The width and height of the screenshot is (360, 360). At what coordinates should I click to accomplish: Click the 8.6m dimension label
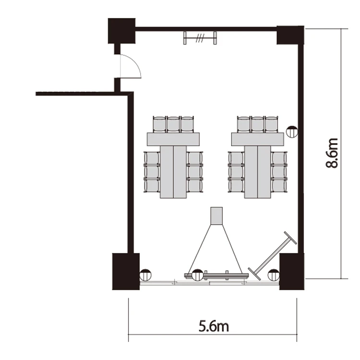332,153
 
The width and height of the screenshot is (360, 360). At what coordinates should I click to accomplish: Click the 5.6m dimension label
214,326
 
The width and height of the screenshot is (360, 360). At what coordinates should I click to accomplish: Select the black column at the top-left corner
122,31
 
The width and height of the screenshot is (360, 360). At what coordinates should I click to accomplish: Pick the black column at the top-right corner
290,35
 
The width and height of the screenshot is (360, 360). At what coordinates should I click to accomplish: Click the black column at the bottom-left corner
126,271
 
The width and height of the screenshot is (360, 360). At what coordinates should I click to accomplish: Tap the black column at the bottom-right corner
292,271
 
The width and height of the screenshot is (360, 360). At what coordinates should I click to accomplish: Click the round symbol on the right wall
292,132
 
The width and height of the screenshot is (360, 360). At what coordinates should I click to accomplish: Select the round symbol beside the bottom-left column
145,275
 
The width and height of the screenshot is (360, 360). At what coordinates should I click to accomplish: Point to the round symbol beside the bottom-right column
274,275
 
